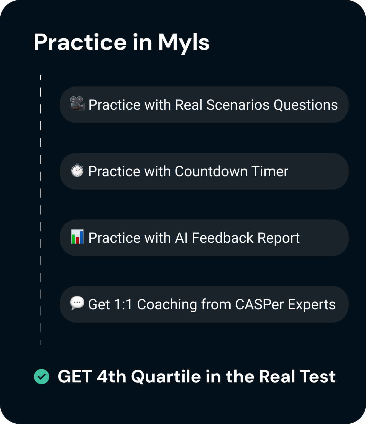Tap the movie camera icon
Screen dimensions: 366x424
tap(77, 104)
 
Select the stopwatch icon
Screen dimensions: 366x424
tap(77, 170)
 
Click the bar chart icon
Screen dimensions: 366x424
tap(77, 236)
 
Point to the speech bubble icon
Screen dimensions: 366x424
tap(77, 303)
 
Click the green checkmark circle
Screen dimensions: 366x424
tap(42, 377)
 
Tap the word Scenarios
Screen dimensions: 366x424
tap(238, 105)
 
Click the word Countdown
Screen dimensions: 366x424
tap(211, 171)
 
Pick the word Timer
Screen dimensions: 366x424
tap(270, 171)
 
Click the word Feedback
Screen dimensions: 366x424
tap(223, 238)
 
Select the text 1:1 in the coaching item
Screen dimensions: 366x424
tap(123, 304)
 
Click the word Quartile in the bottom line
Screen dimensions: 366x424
tap(166, 377)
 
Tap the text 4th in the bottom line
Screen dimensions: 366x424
tap(111, 377)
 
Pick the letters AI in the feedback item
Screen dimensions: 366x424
tap(181, 238)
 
